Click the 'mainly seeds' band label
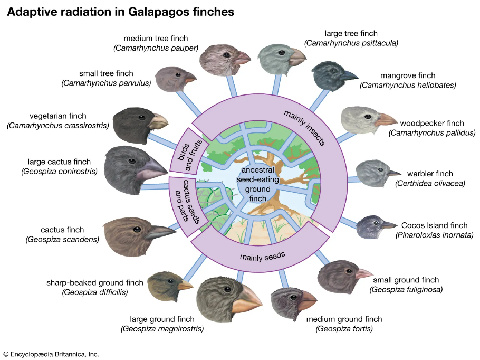262,256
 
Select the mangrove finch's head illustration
330,75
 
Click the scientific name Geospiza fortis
344,329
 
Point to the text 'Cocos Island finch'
434,225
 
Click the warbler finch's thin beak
393,173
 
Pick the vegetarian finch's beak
158,122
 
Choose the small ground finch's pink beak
363,273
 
